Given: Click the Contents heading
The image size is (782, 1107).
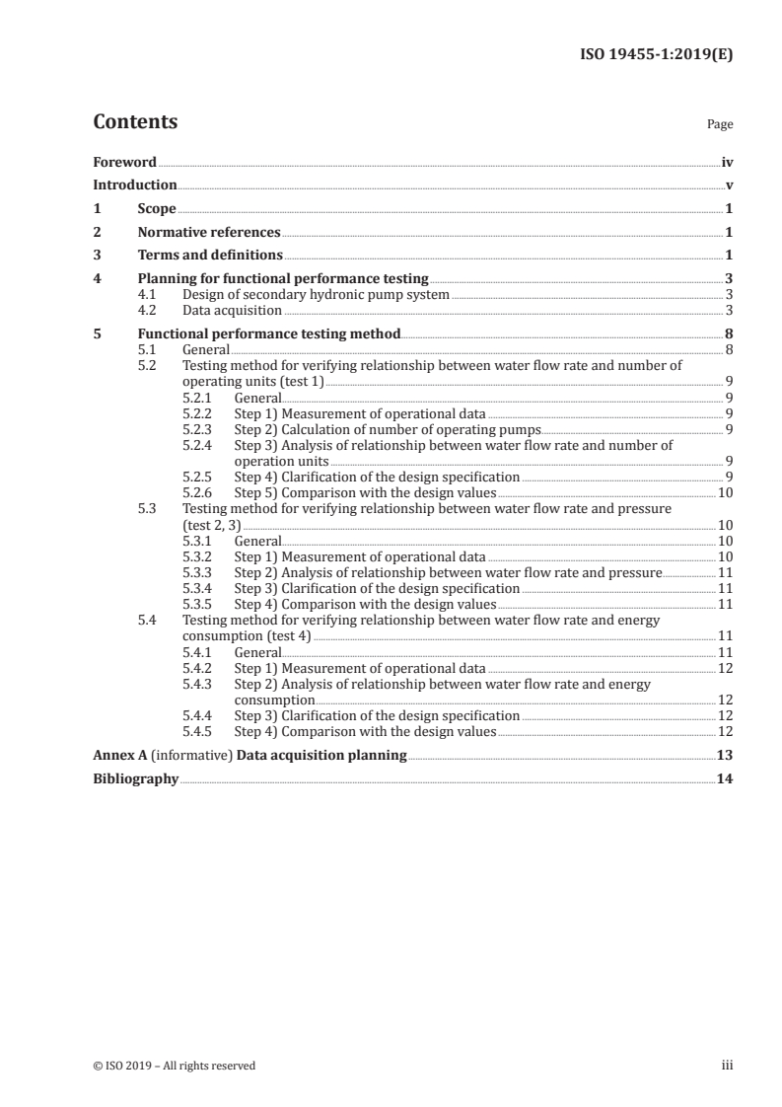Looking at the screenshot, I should tap(135, 122).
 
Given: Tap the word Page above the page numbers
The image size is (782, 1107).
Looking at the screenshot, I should tap(719, 125).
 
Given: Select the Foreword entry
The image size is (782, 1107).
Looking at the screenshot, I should tap(124, 162).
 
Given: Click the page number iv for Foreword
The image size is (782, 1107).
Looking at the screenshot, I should tap(727, 162).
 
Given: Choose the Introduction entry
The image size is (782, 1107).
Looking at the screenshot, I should tap(135, 185).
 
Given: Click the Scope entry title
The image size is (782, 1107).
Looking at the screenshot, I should tap(157, 209).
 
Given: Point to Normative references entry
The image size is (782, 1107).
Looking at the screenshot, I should tap(209, 233).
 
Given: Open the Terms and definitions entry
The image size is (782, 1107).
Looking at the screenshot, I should tap(210, 257).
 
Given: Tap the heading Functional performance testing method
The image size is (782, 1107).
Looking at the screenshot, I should tap(269, 333).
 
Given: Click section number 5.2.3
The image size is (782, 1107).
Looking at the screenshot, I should tap(199, 430).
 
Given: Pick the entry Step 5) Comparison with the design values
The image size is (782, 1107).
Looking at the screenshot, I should tap(365, 492).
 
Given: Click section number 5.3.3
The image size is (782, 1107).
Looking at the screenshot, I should tap(199, 571).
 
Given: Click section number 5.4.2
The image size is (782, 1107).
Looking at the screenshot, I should tap(199, 668).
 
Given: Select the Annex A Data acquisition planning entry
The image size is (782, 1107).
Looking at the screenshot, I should tap(249, 756).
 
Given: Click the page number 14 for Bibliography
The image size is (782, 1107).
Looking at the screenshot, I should tap(725, 779).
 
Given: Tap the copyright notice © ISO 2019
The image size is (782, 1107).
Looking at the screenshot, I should tap(175, 1066).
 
